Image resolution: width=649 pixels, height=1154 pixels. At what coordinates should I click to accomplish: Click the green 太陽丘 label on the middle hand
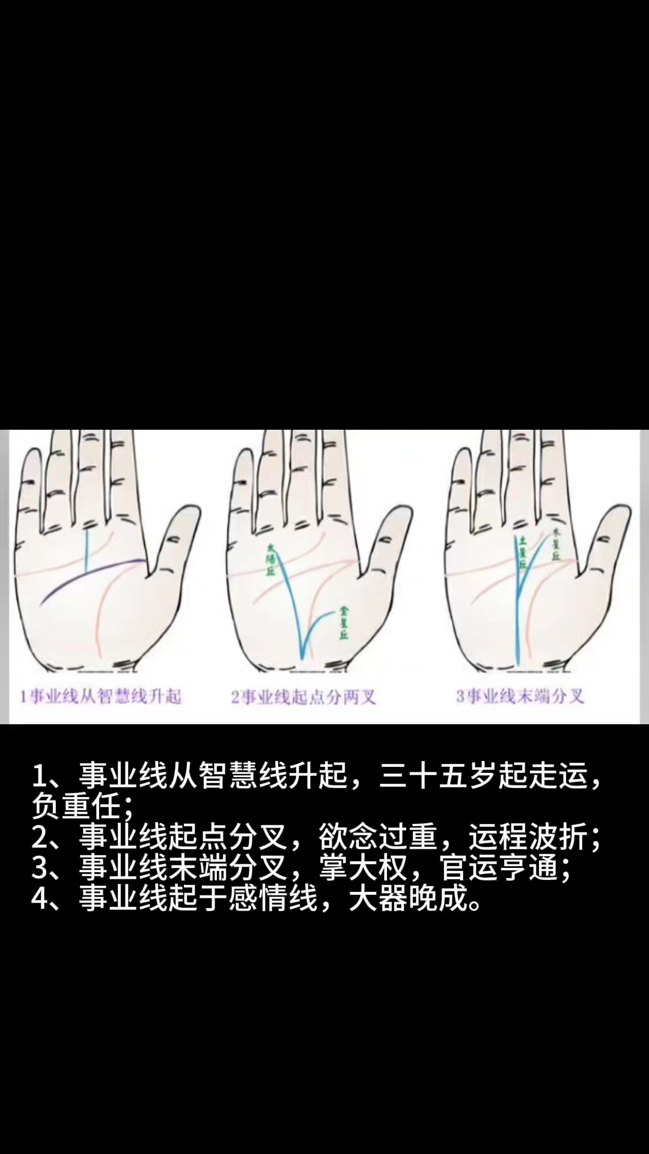pos(270,560)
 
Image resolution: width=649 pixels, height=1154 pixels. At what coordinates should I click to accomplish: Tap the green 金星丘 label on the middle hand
pos(344,623)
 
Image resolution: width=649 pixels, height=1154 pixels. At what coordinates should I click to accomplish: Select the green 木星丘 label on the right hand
pos(556,545)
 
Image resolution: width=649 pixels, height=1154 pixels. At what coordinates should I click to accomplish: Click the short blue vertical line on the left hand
pos(87,549)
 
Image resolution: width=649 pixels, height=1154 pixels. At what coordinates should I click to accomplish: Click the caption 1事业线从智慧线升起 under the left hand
pos(100,697)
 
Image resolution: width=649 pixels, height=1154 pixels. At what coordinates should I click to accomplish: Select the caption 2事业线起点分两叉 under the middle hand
pos(303,697)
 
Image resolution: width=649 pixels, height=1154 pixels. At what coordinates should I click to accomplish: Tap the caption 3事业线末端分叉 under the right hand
pos(520,697)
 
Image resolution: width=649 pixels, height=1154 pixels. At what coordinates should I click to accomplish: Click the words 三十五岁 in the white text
pos(439,776)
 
